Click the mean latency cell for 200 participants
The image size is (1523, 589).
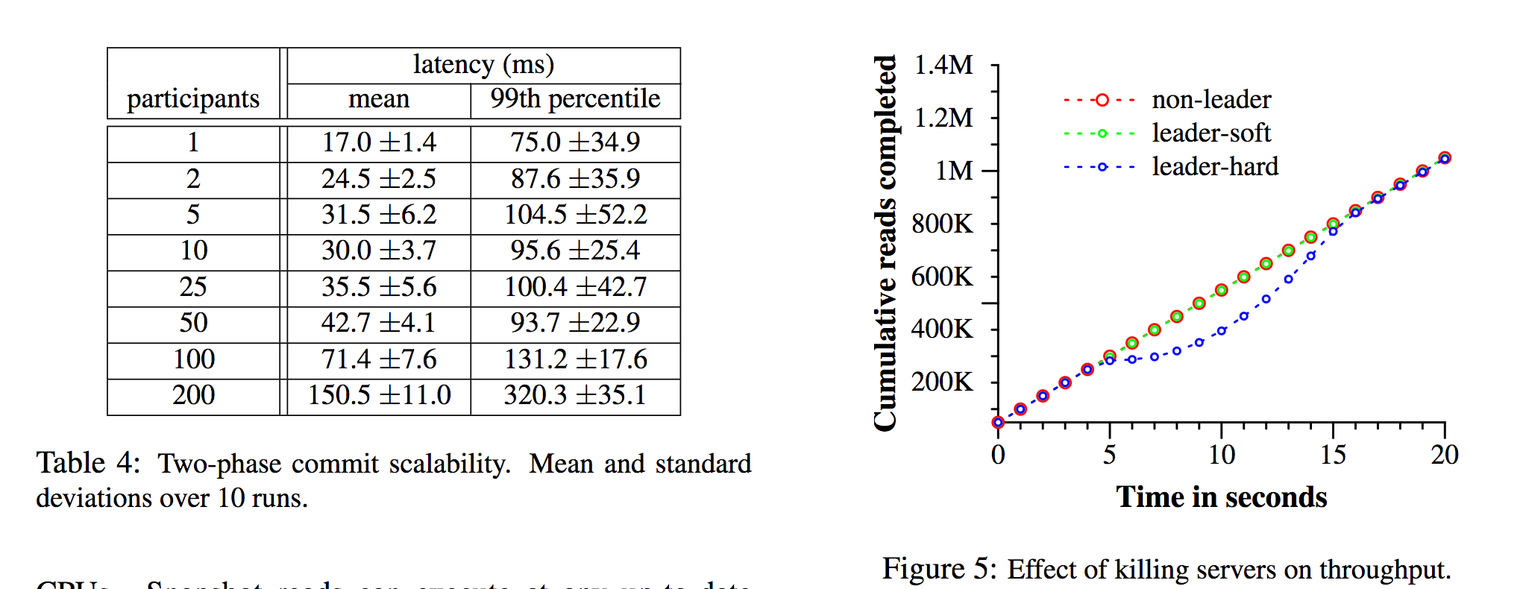(x=379, y=396)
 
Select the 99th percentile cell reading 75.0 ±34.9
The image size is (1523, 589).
(x=575, y=142)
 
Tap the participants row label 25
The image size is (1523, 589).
(x=193, y=287)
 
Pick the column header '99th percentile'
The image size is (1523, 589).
(x=575, y=98)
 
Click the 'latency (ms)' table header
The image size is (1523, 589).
(x=483, y=65)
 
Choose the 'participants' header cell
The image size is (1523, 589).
(x=193, y=98)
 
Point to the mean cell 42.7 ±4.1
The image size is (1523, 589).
(x=379, y=323)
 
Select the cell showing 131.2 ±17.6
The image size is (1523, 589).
(x=575, y=359)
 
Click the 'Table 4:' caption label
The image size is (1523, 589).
(x=88, y=463)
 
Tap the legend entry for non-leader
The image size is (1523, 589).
(x=1210, y=100)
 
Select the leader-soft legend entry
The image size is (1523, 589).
(x=1210, y=133)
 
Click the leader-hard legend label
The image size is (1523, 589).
(x=1214, y=166)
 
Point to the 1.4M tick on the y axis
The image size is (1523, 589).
(x=943, y=66)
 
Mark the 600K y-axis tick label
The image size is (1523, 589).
(x=942, y=277)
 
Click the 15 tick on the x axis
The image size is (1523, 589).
(x=1333, y=455)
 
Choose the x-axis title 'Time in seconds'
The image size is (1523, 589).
(x=1221, y=497)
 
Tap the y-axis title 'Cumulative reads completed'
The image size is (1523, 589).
(x=885, y=242)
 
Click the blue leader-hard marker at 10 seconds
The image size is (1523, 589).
(x=1222, y=331)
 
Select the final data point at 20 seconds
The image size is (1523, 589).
(x=1445, y=158)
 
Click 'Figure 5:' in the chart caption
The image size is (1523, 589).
(x=939, y=569)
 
